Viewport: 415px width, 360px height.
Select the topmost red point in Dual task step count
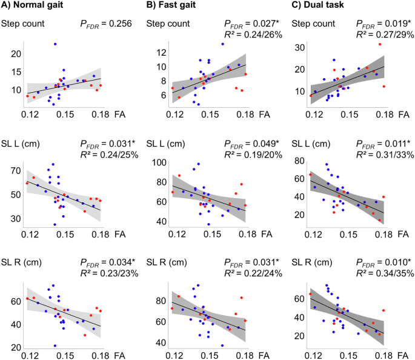click(380, 44)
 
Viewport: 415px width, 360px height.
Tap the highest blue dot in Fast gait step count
click(222, 44)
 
